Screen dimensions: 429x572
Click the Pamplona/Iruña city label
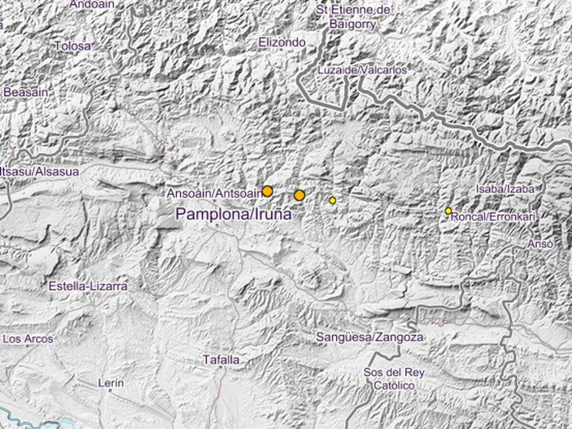233,214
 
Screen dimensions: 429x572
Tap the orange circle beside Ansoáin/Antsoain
267,191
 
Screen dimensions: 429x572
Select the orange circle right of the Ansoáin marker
299,195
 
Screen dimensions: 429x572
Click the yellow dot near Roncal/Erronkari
448,211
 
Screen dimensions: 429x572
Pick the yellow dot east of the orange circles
333,201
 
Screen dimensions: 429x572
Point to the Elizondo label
282,42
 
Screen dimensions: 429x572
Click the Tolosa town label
72,46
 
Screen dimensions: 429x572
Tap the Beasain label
26,92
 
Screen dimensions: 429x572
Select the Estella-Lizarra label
88,286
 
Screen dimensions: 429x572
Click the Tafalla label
221,359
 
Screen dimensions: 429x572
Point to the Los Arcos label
28,339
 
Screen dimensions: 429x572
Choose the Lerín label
111,382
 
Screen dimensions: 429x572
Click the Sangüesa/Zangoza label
369,337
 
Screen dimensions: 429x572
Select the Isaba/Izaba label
504,189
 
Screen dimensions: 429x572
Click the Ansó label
540,244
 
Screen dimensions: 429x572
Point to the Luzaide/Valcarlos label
362,70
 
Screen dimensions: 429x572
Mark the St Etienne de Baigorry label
353,17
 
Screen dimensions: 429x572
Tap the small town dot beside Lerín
110,390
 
